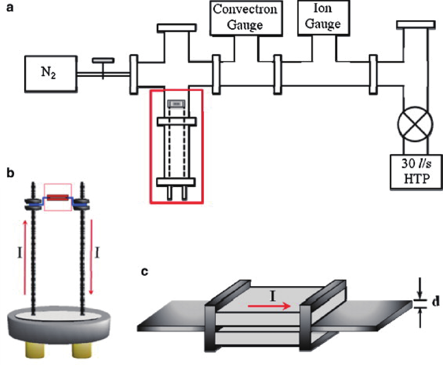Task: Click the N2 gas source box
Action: tap(51, 74)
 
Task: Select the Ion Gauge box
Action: tap(323, 17)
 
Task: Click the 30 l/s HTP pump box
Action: tap(416, 172)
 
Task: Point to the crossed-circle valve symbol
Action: tap(415, 124)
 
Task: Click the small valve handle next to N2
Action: tap(103, 61)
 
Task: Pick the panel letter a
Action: tap(10, 8)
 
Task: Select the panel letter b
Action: tap(10, 173)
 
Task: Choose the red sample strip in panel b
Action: tap(58, 197)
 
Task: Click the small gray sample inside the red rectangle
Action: tap(176, 104)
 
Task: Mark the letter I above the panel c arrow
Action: tap(272, 296)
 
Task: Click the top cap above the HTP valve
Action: tap(416, 25)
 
